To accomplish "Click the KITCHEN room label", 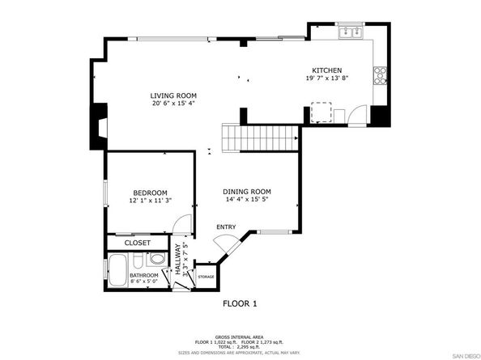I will pyautogui.click(x=329, y=70).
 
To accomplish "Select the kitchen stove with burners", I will pyautogui.click(x=378, y=76).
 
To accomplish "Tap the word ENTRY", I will pyautogui.click(x=226, y=227).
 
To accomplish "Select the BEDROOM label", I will pyautogui.click(x=150, y=193).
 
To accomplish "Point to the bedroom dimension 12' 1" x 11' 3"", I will pyautogui.click(x=150, y=201).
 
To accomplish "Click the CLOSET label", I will pyautogui.click(x=138, y=242).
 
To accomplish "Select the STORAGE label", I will pyautogui.click(x=206, y=277).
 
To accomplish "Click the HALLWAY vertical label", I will pyautogui.click(x=179, y=261).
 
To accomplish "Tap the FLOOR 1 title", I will pyautogui.click(x=241, y=304).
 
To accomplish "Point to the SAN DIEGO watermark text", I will pyautogui.click(x=464, y=355).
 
